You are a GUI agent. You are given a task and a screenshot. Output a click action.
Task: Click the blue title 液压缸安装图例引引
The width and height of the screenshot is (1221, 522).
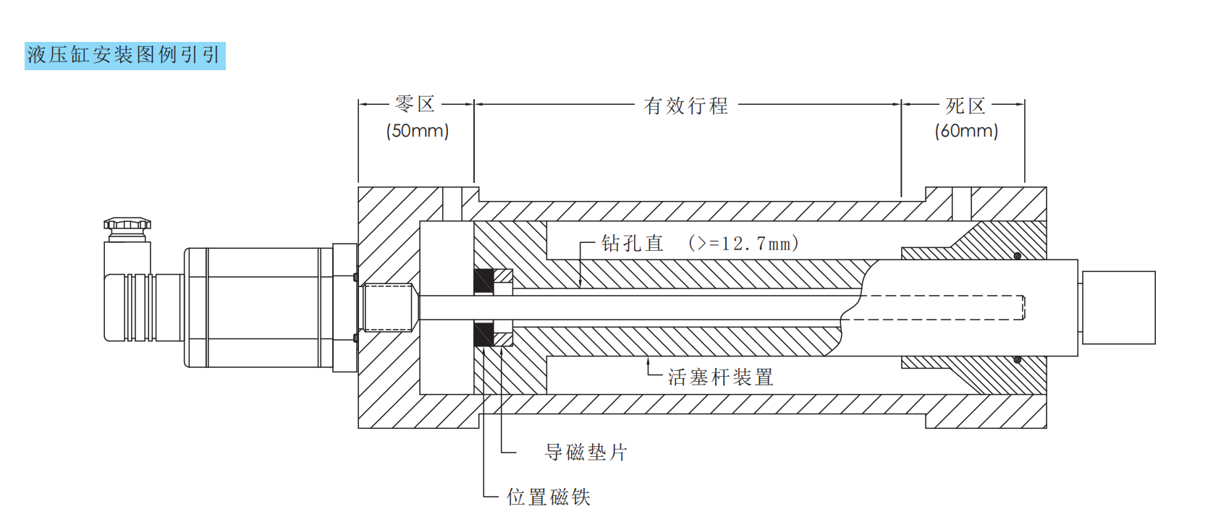point(124,56)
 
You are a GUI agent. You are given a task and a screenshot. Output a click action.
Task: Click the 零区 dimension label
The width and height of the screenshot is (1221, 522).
point(415,105)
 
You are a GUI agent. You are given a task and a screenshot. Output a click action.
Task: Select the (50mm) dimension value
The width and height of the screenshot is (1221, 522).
point(418,131)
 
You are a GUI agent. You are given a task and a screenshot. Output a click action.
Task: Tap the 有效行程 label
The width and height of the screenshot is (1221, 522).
point(685,106)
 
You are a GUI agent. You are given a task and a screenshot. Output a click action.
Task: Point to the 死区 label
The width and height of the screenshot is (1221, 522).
point(966,106)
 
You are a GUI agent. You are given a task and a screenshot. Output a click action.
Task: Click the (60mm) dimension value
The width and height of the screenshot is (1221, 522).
point(966,131)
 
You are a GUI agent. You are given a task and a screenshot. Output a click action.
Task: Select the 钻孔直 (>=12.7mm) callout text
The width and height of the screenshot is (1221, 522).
point(700,244)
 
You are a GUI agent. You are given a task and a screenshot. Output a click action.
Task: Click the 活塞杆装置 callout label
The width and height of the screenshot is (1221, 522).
point(720,377)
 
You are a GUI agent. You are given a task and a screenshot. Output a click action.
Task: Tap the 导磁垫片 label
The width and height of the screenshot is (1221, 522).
point(586,453)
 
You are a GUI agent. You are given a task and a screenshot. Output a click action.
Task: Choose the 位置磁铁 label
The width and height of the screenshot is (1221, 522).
point(548,497)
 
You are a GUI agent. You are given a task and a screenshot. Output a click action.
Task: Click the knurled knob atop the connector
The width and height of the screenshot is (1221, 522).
point(127,225)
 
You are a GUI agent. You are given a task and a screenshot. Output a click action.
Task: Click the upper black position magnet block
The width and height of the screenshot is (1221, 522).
point(483,281)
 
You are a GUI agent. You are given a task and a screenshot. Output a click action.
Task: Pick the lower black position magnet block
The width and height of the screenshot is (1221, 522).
point(483,335)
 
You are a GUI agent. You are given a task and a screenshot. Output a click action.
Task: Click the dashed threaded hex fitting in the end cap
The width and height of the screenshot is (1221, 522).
point(388,307)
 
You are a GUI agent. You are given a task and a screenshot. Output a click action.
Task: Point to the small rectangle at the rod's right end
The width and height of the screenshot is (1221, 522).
point(1118,307)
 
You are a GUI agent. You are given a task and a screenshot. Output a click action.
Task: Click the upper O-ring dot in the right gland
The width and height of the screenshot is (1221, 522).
point(1017,256)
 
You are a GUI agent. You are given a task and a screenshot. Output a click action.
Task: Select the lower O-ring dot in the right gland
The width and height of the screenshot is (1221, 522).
point(1017,359)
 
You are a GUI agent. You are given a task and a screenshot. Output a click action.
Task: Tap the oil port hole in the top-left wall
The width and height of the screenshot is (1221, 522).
point(452,204)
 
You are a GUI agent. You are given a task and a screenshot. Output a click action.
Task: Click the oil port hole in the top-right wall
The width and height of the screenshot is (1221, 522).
point(961,204)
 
